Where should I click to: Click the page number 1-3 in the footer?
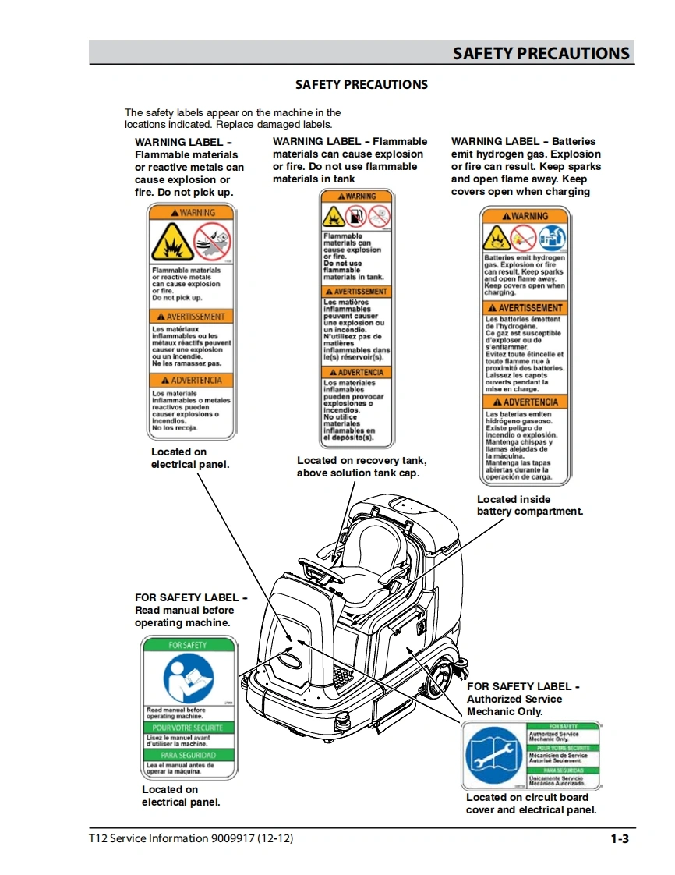click(620, 839)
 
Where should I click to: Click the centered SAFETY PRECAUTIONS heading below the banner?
click(362, 84)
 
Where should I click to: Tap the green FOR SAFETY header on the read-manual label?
click(188, 645)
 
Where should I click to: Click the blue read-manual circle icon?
click(188, 677)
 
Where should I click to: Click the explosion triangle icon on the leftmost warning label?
click(172, 243)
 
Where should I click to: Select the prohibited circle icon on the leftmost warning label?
click(212, 240)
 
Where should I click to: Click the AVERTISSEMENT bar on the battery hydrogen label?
click(525, 308)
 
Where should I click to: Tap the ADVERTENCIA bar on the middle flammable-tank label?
click(355, 373)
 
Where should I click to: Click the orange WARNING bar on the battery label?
click(525, 216)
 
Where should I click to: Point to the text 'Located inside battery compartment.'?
click(529, 505)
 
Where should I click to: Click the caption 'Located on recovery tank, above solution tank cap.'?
click(361, 466)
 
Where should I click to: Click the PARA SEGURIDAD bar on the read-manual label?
click(188, 755)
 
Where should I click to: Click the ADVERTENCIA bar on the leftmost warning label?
click(192, 381)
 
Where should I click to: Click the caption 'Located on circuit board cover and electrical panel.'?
click(531, 803)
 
